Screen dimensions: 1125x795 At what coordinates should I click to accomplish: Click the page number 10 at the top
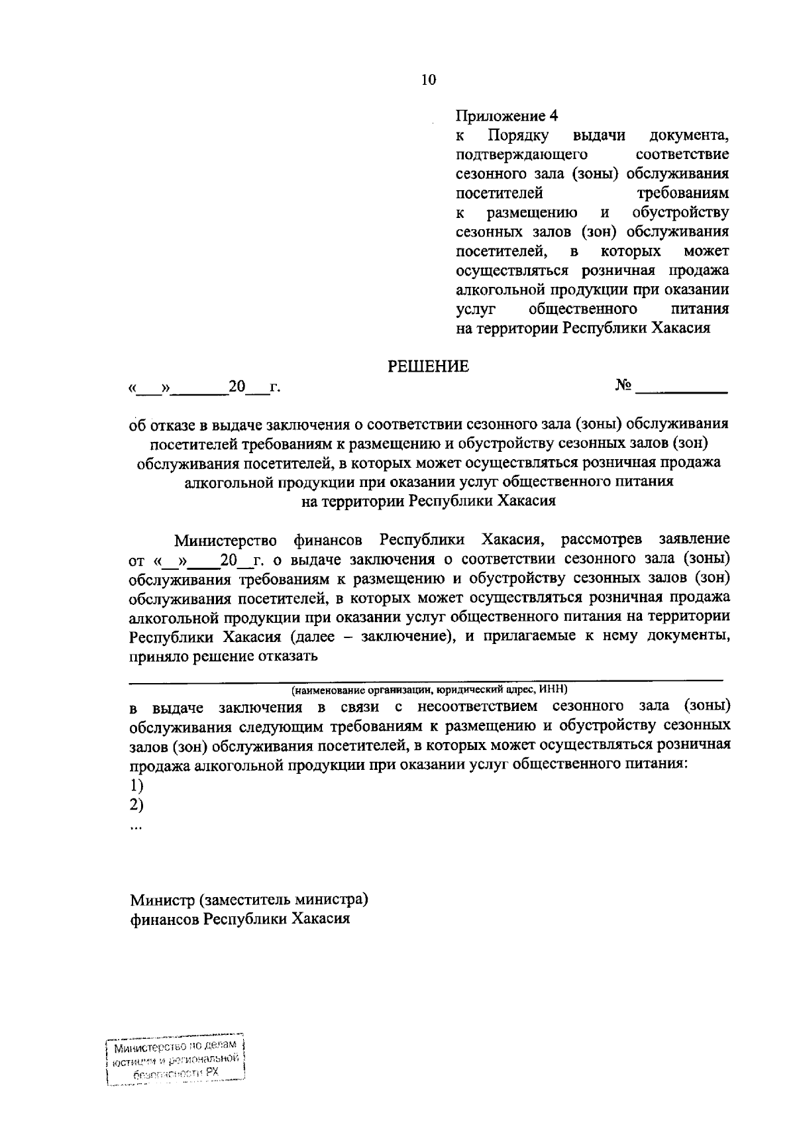[x=429, y=80]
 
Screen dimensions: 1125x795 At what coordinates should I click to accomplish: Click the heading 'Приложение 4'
[x=507, y=116]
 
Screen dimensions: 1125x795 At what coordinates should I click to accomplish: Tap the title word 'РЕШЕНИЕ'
[x=428, y=366]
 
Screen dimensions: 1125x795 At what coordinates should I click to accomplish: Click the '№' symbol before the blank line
[x=623, y=385]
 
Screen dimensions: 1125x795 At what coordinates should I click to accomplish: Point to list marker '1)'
[x=137, y=786]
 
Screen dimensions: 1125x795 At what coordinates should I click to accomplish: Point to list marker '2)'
[x=137, y=805]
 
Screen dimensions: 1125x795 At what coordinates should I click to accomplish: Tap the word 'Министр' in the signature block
[x=162, y=900]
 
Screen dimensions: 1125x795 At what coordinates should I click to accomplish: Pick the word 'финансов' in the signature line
[x=164, y=920]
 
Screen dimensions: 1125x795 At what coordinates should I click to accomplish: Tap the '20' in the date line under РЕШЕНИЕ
[x=237, y=386]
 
